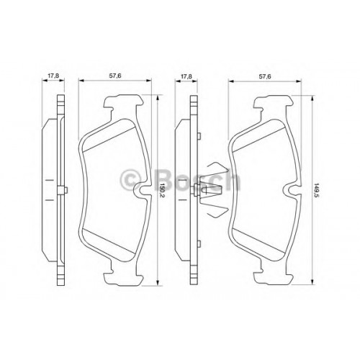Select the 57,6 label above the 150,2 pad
tap(115, 76)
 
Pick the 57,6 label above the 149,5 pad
tap(265, 76)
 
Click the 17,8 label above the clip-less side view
tap(53, 76)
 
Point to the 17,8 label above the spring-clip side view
tap(186, 76)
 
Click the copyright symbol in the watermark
tap(131, 179)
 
